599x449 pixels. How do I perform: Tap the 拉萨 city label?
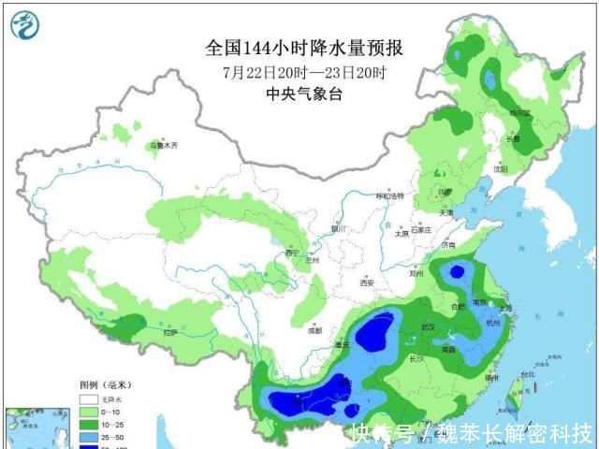tap(169, 333)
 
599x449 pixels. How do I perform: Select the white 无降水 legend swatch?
tap(89, 398)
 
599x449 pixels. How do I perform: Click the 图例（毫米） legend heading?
tap(104, 384)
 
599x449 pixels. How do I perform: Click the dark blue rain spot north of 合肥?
tap(457, 272)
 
